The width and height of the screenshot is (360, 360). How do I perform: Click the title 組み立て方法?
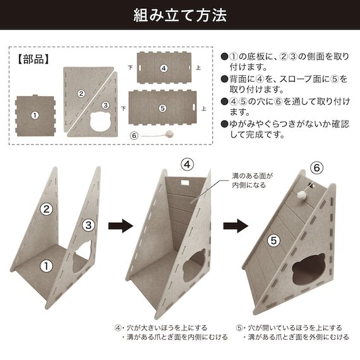pos(180,15)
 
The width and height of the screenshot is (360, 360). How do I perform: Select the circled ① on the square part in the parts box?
pos(35,116)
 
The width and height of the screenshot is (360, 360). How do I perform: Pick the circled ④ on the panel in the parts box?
pos(163,68)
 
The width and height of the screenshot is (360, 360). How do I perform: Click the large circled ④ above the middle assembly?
pos(187,165)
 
